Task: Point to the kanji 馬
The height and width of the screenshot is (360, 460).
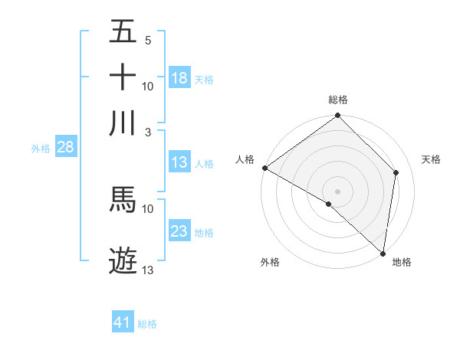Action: pos(123,199)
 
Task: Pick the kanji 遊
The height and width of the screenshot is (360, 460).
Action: pos(123,260)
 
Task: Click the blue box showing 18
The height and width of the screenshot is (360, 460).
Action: pos(179,78)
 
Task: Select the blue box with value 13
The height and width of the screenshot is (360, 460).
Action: pos(179,162)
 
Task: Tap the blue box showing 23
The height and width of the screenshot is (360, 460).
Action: pos(179,231)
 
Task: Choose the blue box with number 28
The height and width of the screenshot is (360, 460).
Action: pos(64,148)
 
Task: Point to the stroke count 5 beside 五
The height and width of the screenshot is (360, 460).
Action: pos(147,40)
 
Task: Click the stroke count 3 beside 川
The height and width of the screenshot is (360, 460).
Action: pos(147,132)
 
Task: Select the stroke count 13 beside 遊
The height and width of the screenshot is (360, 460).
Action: pos(148,270)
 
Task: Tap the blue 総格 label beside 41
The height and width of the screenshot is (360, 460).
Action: pos(147,324)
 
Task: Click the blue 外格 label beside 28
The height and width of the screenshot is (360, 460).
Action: pos(41,149)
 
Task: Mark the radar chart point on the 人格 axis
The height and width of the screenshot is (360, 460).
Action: pos(264,168)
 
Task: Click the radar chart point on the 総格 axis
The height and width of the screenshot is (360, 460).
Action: pos(337,116)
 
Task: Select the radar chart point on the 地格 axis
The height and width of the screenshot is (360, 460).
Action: pos(383,253)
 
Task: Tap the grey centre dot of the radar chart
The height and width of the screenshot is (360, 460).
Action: pos(337,191)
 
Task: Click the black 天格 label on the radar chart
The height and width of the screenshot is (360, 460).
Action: pos(432,159)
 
